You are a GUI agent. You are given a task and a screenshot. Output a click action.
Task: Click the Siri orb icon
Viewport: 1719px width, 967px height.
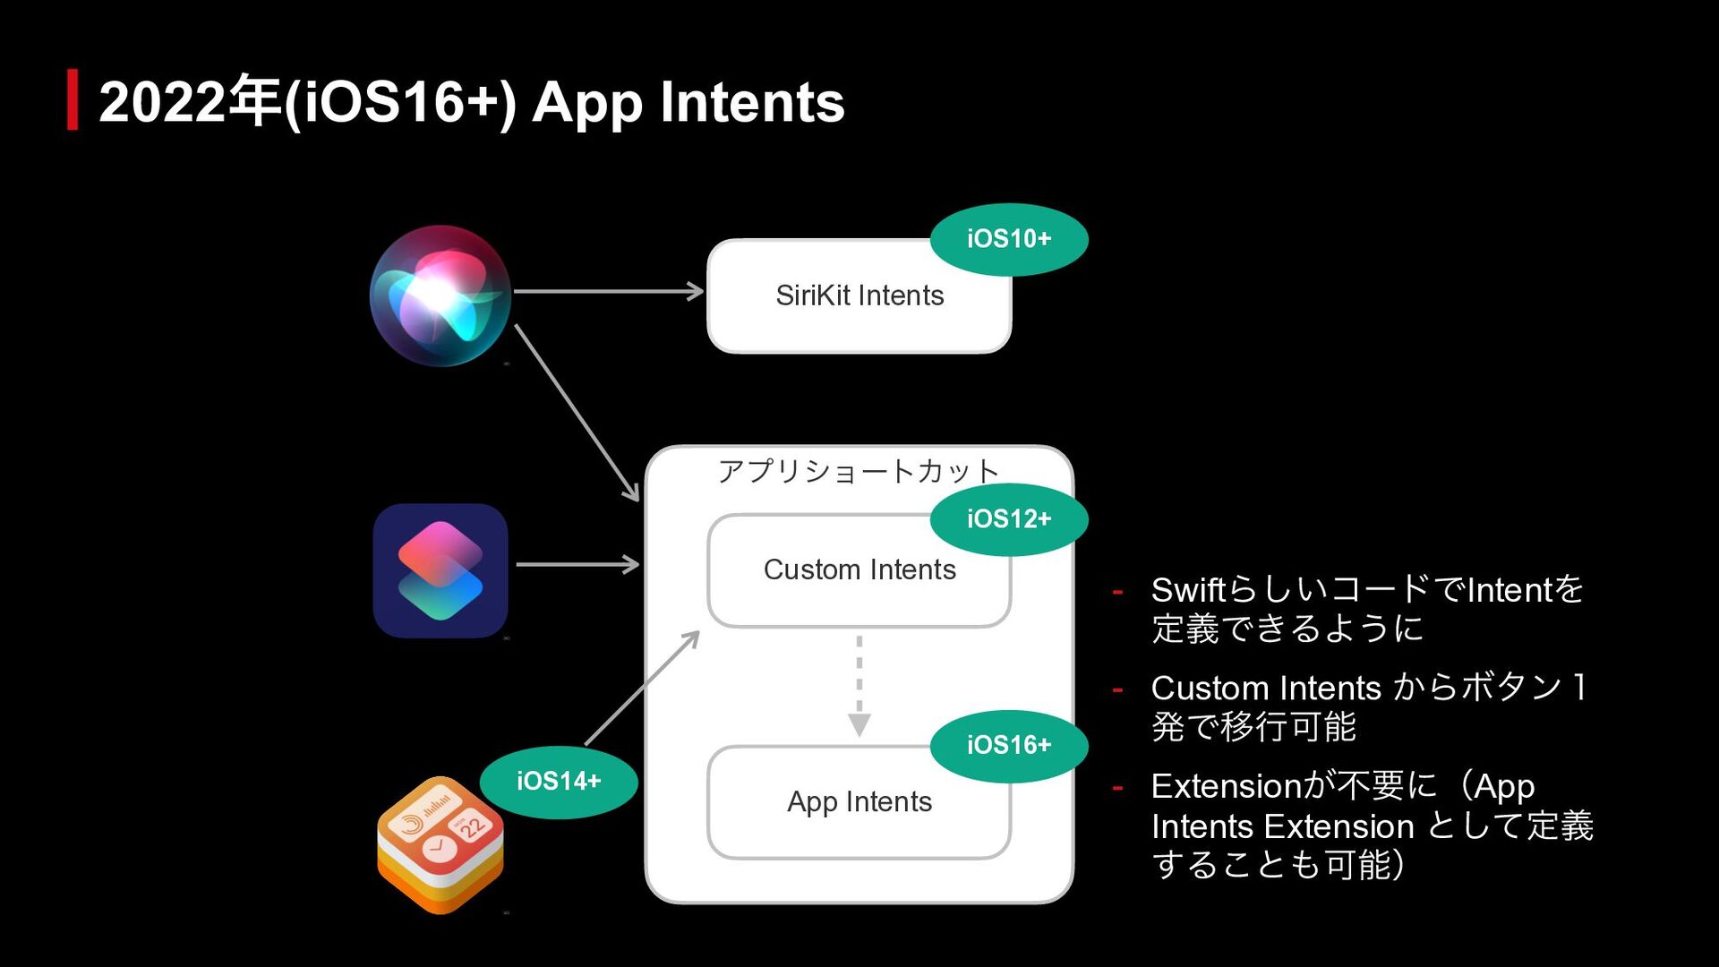pyautogui.click(x=440, y=295)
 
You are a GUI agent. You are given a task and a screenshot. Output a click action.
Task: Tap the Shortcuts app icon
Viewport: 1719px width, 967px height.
pyautogui.click(x=440, y=570)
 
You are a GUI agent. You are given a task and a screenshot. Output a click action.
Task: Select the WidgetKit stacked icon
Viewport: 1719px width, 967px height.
pyautogui.click(x=440, y=844)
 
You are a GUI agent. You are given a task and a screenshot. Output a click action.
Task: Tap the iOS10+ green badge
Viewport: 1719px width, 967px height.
pyautogui.click(x=1009, y=239)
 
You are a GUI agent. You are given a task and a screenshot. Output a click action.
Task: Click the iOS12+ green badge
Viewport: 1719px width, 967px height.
pyautogui.click(x=1009, y=519)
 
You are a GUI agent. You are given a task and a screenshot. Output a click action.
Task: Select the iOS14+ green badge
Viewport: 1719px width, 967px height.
pyautogui.click(x=559, y=782)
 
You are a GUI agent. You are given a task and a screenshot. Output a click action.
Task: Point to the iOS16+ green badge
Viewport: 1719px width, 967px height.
pyautogui.click(x=1009, y=745)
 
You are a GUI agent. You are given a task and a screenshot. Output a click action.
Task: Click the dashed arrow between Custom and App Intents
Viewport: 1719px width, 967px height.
pyautogui.click(x=859, y=685)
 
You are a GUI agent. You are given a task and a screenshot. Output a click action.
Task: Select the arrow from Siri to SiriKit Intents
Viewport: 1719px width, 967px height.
pyautogui.click(x=609, y=291)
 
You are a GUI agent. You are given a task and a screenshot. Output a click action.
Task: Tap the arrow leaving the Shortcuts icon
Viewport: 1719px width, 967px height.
pyautogui.click(x=577, y=564)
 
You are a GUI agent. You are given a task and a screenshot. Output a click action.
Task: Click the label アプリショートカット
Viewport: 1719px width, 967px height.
pyautogui.click(x=858, y=471)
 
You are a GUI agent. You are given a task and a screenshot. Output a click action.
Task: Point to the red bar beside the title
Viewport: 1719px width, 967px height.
pyautogui.click(x=73, y=99)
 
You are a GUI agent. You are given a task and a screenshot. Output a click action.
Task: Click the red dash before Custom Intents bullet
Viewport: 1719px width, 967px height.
pyautogui.click(x=1117, y=689)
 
